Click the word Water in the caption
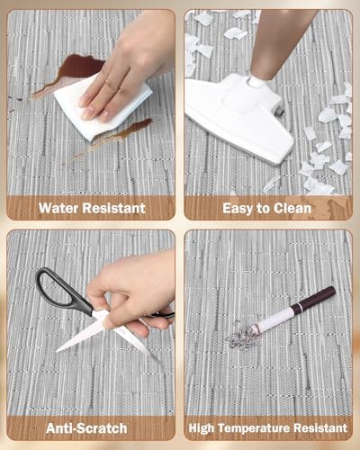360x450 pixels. pyautogui.click(x=58, y=208)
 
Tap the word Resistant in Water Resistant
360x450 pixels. pyautogui.click(x=114, y=208)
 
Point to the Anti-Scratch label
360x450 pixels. pyautogui.click(x=86, y=428)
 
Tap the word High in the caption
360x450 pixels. pyautogui.click(x=202, y=428)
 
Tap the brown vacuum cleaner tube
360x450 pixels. pyautogui.click(x=277, y=42)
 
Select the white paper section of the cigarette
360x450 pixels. pyautogui.click(x=274, y=320)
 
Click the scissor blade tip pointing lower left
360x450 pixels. pyautogui.click(x=57, y=351)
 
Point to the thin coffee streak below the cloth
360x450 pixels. pyautogui.click(x=115, y=138)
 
